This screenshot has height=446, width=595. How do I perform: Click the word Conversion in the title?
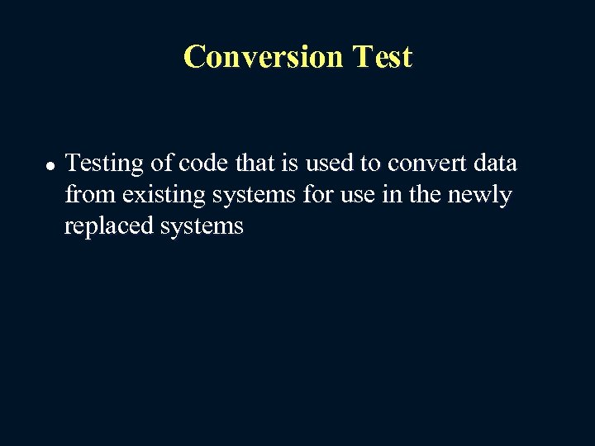tap(263, 57)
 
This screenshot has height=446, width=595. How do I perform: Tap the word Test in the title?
tap(381, 57)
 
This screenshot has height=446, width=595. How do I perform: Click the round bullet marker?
tap(50, 166)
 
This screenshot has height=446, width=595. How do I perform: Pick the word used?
tap(331, 164)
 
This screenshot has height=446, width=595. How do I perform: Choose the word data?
tap(496, 164)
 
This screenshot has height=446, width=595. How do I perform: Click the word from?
tap(91, 195)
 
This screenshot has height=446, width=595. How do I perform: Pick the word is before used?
tap(292, 164)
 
